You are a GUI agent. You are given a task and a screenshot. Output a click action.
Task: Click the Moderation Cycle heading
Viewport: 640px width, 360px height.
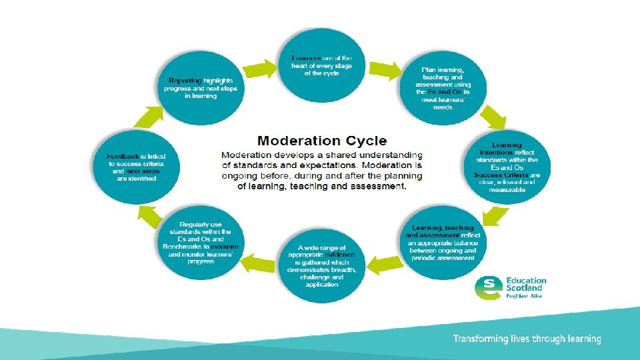pyautogui.click(x=322, y=140)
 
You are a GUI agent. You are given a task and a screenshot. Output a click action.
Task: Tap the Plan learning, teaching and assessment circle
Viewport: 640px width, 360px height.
pyautogui.click(x=443, y=87)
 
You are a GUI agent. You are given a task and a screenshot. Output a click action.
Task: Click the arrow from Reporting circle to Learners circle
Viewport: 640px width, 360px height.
pyautogui.click(x=261, y=68)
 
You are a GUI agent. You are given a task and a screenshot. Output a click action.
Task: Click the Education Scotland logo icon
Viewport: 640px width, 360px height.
pyautogui.click(x=488, y=287)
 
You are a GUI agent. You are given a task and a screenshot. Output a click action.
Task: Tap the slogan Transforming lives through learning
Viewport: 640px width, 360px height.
pyautogui.click(x=527, y=339)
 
